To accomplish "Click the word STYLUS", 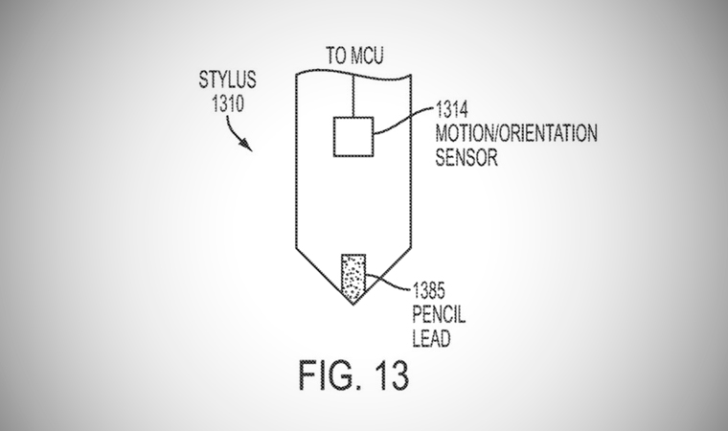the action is click(x=227, y=79).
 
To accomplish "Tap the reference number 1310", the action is click(x=228, y=103).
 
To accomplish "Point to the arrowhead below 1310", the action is click(x=246, y=145).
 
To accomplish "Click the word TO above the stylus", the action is click(x=336, y=56).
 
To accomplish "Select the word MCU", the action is click(x=367, y=56).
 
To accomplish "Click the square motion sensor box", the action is click(x=353, y=137).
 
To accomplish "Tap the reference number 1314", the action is click(x=451, y=110).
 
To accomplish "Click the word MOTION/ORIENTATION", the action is click(x=516, y=133).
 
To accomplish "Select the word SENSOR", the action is click(x=466, y=157).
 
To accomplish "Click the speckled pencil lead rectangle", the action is click(x=353, y=278).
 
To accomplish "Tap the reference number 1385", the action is click(x=428, y=291).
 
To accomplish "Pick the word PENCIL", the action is click(x=439, y=314).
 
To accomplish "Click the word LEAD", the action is click(x=431, y=338).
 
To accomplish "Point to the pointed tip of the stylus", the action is click(x=353, y=305).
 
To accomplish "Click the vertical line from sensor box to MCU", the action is click(x=353, y=95).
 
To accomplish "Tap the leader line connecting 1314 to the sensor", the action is click(x=403, y=122).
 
